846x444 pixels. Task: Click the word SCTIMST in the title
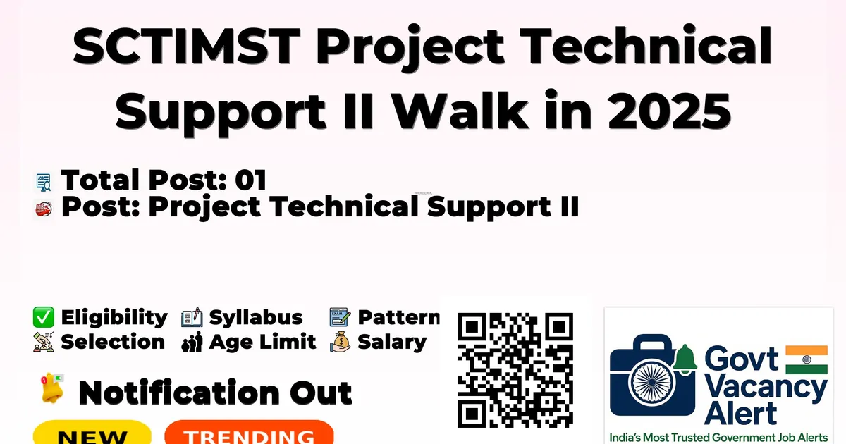pyautogui.click(x=187, y=45)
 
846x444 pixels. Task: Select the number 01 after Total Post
pyautogui.click(x=251, y=180)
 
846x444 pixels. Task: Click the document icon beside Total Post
pyautogui.click(x=44, y=183)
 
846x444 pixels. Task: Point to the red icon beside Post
pyautogui.click(x=44, y=209)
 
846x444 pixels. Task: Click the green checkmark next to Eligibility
pyautogui.click(x=44, y=317)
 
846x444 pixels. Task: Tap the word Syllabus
pyautogui.click(x=256, y=318)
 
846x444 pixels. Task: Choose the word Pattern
pyautogui.click(x=399, y=317)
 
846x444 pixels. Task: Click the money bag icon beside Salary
pyautogui.click(x=341, y=342)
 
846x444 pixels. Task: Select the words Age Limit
pyautogui.click(x=262, y=343)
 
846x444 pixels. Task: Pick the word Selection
pyautogui.click(x=113, y=342)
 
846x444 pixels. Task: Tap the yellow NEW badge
pyautogui.click(x=92, y=433)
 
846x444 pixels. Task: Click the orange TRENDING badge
pyautogui.click(x=250, y=433)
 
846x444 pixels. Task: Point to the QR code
pyautogui.click(x=515, y=371)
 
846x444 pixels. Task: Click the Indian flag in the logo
pyautogui.click(x=807, y=359)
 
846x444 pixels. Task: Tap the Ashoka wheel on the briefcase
pyautogui.click(x=652, y=382)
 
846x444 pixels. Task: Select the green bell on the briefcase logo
pyautogui.click(x=685, y=358)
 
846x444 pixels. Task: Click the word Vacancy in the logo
pyautogui.click(x=766, y=388)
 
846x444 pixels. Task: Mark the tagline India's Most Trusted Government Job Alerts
pyautogui.click(x=718, y=438)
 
